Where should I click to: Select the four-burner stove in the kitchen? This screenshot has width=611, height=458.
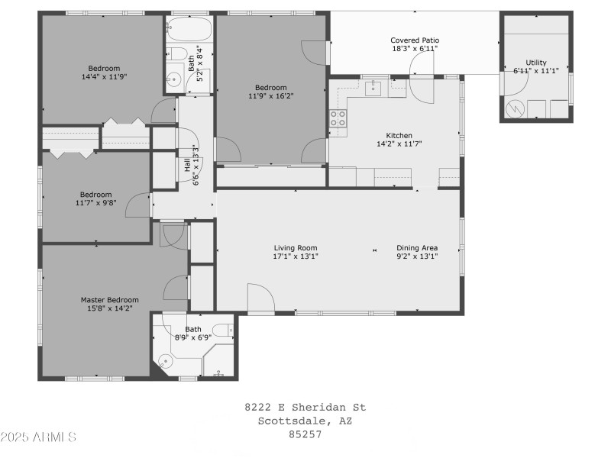338,118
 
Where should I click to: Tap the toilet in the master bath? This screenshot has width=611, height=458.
222,330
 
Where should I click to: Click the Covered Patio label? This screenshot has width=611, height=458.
415,40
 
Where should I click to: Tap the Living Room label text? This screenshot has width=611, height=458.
296,247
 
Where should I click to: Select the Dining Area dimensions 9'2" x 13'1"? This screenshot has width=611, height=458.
417,256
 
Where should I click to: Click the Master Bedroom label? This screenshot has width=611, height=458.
110,300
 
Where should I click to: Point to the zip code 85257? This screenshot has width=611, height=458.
305,434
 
